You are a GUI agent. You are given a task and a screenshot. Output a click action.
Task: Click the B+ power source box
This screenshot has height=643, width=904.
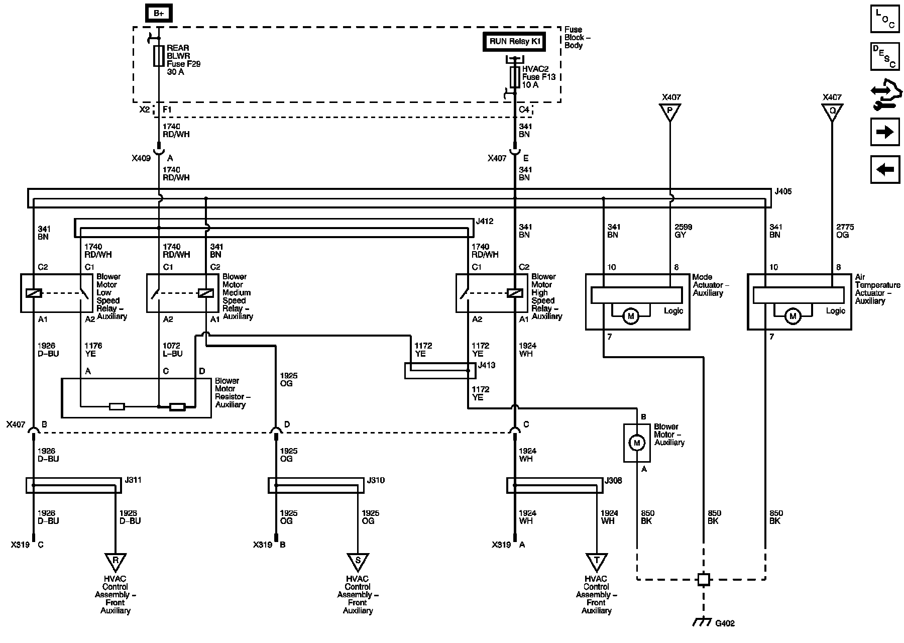[x=159, y=14]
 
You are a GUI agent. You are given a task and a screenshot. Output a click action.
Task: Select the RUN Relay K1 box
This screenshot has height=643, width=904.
[x=515, y=42]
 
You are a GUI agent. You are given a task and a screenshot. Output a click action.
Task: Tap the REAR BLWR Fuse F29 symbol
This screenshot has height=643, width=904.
[x=159, y=56]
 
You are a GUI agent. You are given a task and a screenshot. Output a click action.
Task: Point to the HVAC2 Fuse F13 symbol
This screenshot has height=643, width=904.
[x=515, y=77]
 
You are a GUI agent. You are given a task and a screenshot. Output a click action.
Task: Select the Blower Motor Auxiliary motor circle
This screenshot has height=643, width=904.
[x=637, y=443]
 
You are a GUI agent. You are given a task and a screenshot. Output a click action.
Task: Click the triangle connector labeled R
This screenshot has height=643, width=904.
[x=116, y=561]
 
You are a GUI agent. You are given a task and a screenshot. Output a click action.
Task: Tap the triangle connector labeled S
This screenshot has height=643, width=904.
[x=358, y=561]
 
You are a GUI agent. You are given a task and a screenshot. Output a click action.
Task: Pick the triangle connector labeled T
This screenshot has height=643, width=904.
[x=597, y=561]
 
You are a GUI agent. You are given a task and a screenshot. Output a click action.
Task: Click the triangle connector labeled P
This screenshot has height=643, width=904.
[x=669, y=112]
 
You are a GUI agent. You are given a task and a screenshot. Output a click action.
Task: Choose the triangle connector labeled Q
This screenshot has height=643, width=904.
[x=832, y=112]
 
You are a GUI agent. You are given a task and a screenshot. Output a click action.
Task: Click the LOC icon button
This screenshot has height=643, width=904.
[x=885, y=19]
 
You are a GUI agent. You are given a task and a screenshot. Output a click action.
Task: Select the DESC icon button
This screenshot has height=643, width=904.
[x=885, y=56]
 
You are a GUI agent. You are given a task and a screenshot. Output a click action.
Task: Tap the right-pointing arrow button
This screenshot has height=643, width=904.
[x=885, y=132]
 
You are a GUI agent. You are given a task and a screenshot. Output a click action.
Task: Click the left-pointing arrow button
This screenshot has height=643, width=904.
[x=885, y=169]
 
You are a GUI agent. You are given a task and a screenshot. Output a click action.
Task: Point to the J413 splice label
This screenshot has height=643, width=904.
[x=487, y=365]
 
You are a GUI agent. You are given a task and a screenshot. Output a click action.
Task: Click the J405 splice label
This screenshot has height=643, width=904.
[x=783, y=191]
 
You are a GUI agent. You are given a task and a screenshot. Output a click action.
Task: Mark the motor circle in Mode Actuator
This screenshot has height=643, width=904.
[x=631, y=316]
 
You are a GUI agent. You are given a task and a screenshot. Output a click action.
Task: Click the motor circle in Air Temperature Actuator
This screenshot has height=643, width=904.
[x=793, y=316]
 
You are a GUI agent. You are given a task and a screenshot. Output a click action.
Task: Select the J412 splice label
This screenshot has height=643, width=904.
[x=485, y=221]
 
